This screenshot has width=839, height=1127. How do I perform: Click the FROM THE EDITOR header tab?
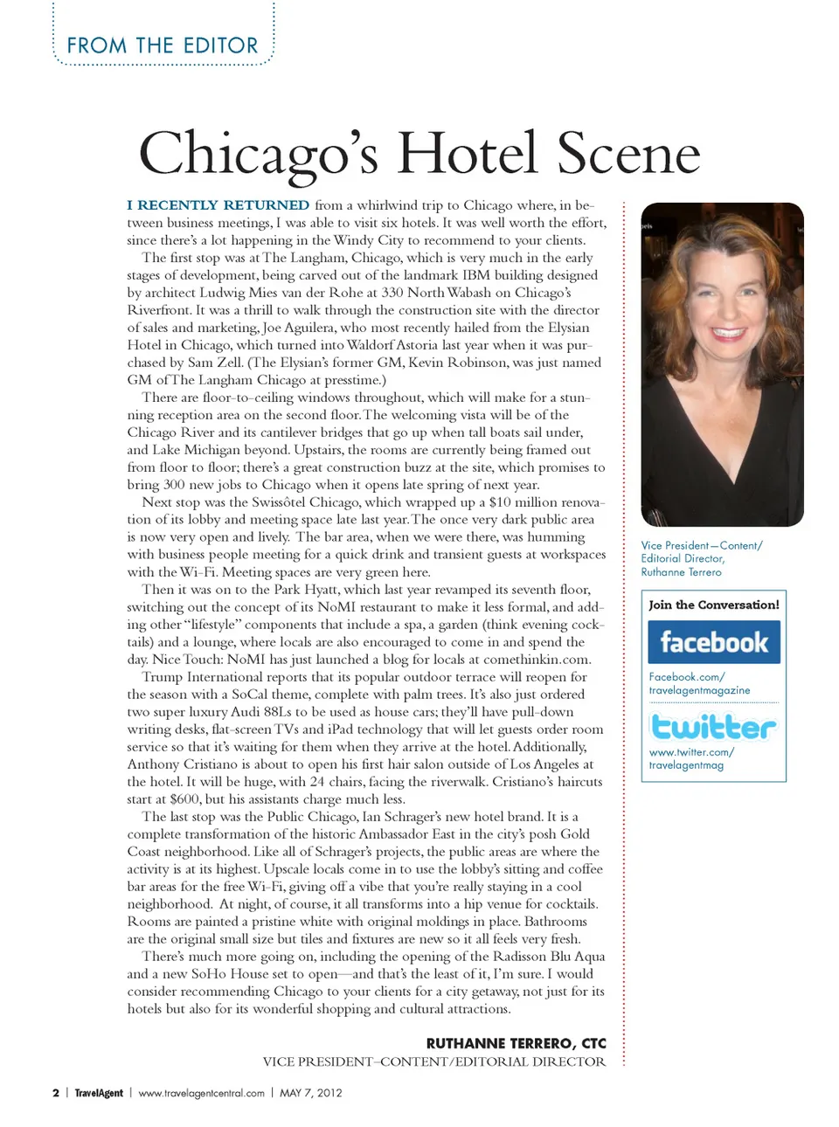pos(163,45)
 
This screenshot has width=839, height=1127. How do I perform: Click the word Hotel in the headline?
pos(467,154)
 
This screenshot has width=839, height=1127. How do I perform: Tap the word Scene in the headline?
pos(628,154)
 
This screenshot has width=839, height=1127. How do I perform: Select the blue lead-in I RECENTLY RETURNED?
pos(218,205)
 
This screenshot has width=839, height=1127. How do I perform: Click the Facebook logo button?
pos(714,642)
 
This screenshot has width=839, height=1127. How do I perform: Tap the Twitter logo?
pos(713,727)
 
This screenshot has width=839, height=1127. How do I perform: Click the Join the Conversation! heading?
pos(714,605)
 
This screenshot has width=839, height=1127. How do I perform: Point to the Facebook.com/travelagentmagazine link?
pos(699,683)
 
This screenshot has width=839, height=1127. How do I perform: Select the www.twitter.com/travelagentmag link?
pos(691,758)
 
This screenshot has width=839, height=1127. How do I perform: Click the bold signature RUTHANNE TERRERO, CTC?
pos(516,1043)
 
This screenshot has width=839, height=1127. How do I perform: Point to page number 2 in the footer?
pos(56,1093)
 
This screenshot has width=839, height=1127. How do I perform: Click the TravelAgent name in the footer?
pos(99,1093)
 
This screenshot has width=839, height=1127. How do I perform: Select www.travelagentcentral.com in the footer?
pos(201,1093)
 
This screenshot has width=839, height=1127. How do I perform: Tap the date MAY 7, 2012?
pos(310,1093)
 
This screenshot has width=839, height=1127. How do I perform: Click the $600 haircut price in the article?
pos(184,799)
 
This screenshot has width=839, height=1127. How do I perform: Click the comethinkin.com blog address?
pos(537,660)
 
